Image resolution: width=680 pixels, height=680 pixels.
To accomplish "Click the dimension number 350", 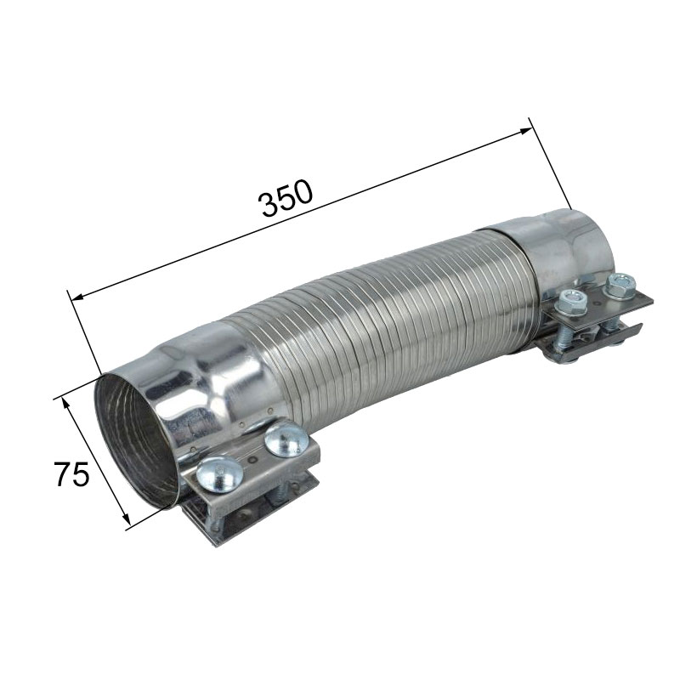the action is tap(285, 198).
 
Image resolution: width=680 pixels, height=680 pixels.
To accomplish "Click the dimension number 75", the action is tap(71, 473).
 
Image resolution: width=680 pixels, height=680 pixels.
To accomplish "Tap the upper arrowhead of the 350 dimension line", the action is tap(525, 131).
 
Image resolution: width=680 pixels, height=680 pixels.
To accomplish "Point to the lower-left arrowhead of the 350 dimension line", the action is tap(77, 297).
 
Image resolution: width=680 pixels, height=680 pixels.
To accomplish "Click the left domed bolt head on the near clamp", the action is tap(219, 474).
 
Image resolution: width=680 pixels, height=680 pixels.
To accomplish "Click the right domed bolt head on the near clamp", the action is tap(285, 439).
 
